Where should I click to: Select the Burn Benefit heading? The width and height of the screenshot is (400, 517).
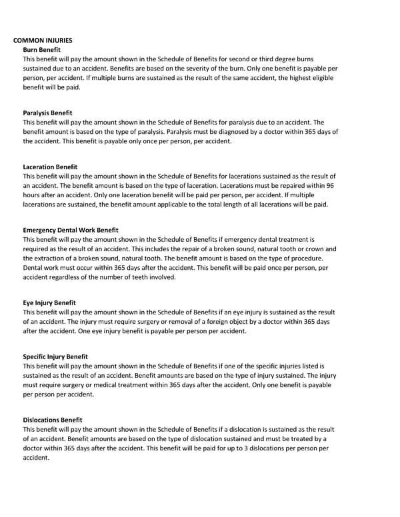pos(42,49)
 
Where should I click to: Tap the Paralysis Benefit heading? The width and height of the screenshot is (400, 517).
pos(47,113)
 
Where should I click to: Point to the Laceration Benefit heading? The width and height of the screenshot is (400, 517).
pos(50,167)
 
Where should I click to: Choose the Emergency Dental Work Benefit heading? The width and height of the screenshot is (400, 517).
pos(71,230)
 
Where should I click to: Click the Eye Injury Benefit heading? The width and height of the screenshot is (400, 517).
pos(49,302)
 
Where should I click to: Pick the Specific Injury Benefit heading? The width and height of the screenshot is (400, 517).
pos(55,356)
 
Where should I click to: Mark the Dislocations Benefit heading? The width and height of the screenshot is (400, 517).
pos(53,420)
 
